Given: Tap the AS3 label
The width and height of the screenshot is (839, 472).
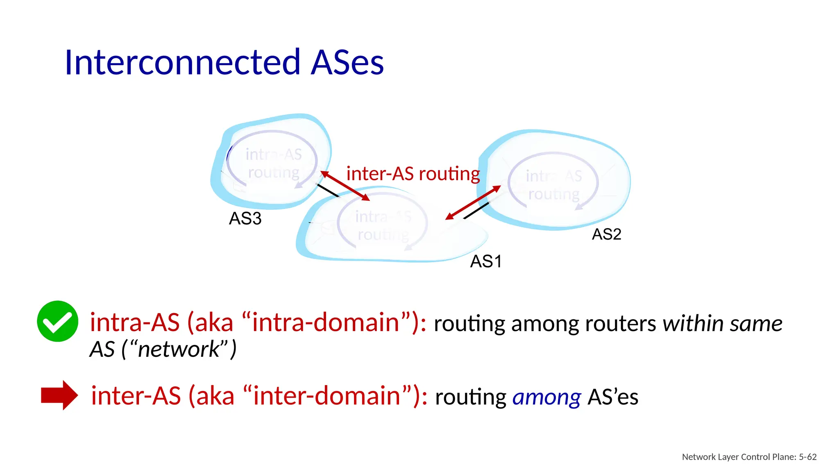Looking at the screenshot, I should [245, 218].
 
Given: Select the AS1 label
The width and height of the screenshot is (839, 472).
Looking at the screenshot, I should [486, 261].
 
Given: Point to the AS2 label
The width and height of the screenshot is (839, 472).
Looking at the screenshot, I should [606, 234].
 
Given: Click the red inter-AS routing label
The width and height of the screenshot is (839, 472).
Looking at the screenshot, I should [413, 174].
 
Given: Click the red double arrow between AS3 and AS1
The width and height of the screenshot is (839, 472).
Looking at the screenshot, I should [345, 186].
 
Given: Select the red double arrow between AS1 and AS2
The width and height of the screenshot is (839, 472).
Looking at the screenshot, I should [473, 202].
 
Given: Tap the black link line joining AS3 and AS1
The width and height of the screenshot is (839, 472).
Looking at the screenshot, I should [328, 191].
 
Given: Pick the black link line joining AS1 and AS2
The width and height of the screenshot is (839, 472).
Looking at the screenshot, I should [476, 210].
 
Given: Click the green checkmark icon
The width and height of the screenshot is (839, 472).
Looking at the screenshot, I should [57, 321].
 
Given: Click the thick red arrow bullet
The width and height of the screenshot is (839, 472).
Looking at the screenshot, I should [59, 395].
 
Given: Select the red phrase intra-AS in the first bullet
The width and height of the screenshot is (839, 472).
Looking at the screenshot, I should [135, 322].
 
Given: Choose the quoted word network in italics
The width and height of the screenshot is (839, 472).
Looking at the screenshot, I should [179, 349].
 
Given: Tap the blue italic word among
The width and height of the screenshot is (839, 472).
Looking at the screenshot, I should [546, 397].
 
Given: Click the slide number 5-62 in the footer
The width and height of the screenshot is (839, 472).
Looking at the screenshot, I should [807, 457].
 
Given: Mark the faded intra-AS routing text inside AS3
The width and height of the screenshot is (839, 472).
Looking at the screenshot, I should [274, 163].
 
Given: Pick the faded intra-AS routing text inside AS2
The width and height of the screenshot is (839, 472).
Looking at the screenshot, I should [554, 185].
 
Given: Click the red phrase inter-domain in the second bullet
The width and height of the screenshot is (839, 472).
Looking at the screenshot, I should [327, 396].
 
